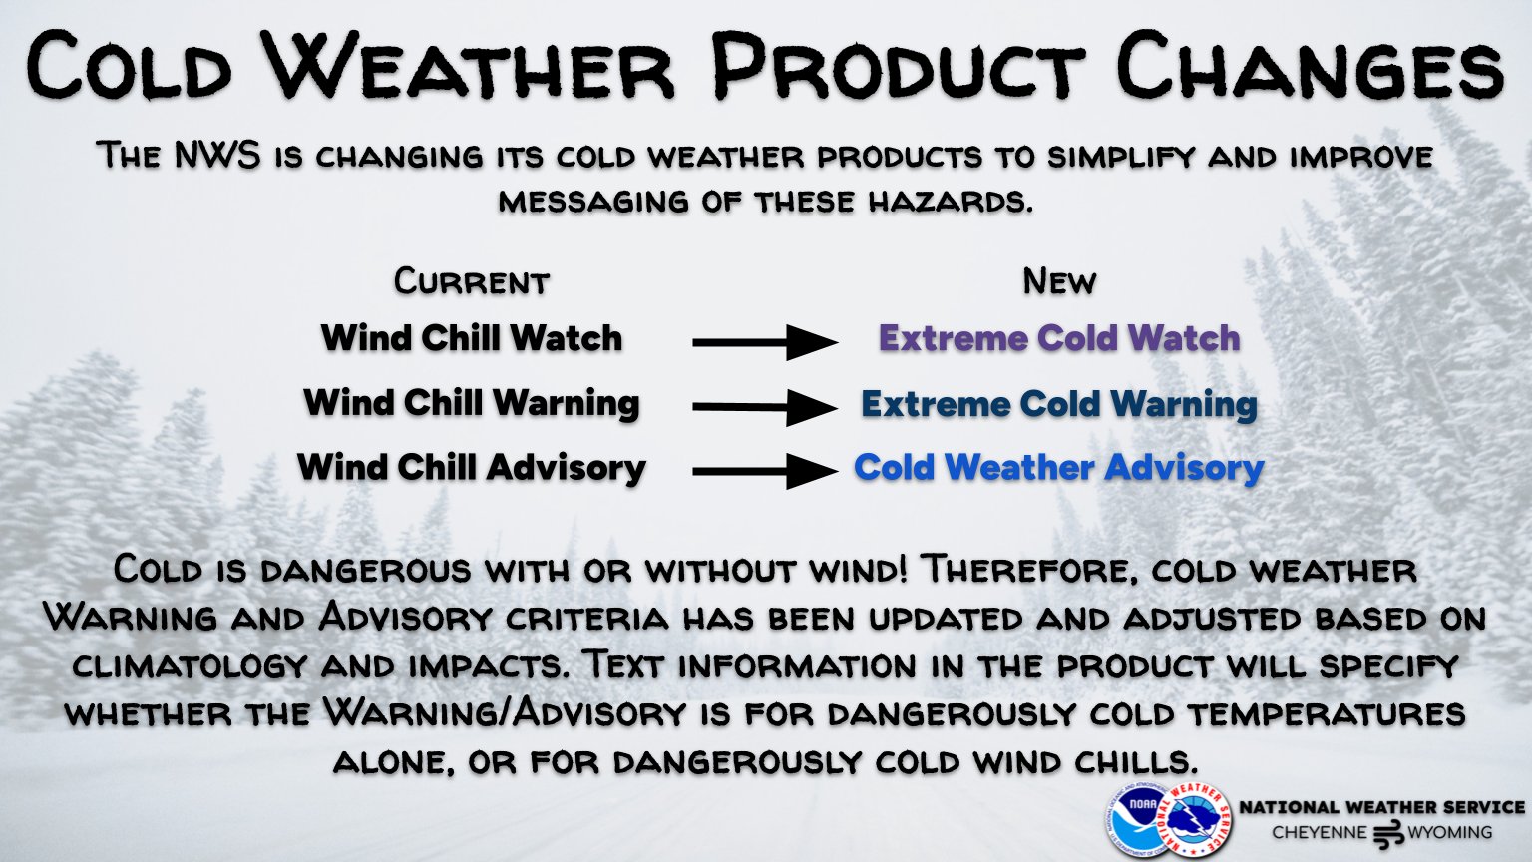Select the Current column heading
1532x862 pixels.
[471, 281]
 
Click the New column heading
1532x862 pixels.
[1059, 281]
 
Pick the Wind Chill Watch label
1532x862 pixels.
[472, 338]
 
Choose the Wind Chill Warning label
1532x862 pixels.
[472, 403]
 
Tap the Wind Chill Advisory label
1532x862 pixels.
[472, 468]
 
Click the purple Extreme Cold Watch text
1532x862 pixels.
[1059, 338]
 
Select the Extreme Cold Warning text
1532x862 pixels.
[1059, 404]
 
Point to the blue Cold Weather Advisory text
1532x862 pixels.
[1059, 468]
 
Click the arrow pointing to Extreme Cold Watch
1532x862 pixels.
[765, 342]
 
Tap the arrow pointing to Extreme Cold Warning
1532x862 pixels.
[765, 407]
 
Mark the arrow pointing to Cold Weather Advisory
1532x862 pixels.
[765, 471]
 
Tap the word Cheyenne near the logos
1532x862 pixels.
[1319, 833]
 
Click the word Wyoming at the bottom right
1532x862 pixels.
[1450, 833]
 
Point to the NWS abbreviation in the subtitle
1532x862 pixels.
[216, 156]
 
